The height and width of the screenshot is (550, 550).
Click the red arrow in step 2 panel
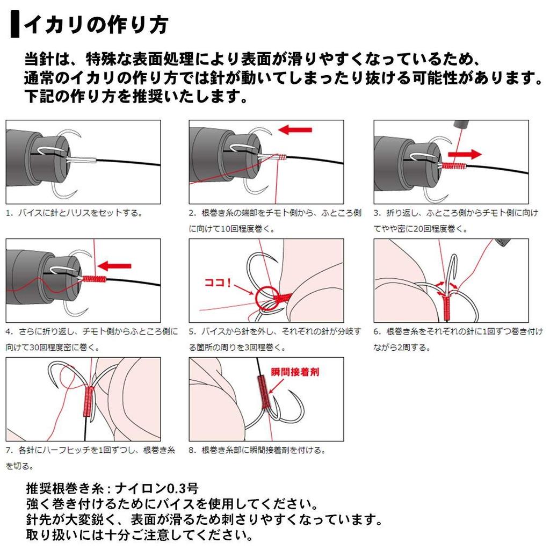[295, 130]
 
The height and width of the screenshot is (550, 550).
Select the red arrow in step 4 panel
[115, 266]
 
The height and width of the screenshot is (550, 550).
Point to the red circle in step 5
[265, 296]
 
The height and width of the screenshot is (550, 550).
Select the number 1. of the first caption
[9, 213]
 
